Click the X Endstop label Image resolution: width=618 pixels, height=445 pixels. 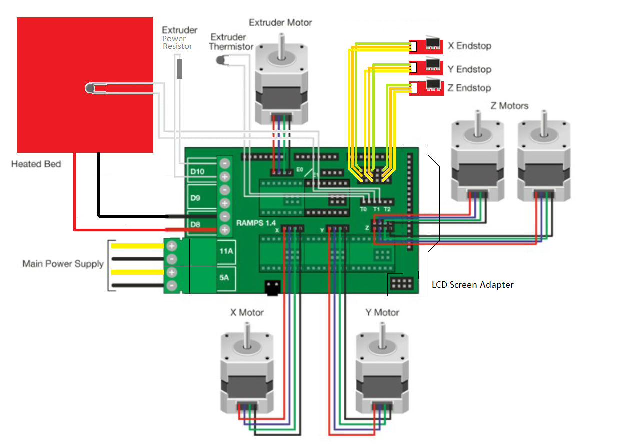[x=469, y=46]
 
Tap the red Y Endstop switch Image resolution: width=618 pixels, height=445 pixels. [x=426, y=67]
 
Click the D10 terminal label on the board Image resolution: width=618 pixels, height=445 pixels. [x=197, y=172]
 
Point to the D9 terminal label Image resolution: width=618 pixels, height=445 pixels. [x=195, y=198]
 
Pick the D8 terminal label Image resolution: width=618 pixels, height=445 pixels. [x=195, y=224]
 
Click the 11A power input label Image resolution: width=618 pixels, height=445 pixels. [x=225, y=251]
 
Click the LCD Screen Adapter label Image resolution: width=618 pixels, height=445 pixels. [x=472, y=285]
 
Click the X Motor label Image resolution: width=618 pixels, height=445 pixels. [x=247, y=312]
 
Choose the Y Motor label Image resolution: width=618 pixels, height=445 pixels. [x=382, y=312]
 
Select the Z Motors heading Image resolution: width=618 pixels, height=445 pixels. [x=509, y=106]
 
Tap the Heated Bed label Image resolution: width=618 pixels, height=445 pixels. [x=36, y=164]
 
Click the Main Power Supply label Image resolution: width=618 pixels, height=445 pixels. [x=63, y=263]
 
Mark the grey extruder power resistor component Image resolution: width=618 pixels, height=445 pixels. [x=179, y=68]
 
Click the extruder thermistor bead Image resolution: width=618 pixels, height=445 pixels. [x=220, y=60]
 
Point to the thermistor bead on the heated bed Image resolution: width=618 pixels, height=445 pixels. [x=90, y=88]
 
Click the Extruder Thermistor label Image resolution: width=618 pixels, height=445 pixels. [x=228, y=42]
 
